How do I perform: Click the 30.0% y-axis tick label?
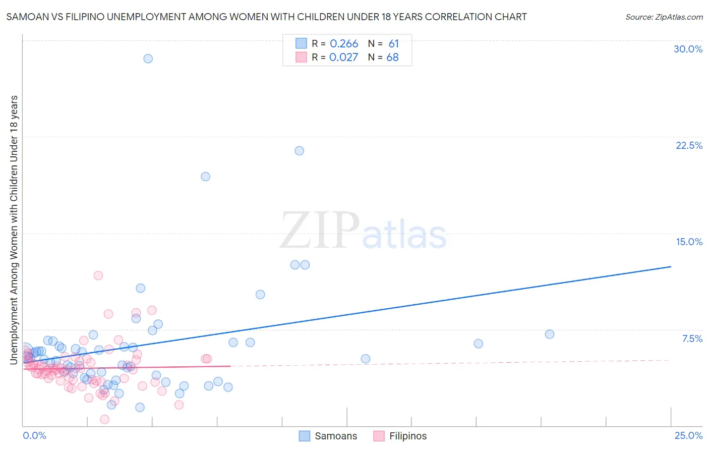click(x=688, y=49)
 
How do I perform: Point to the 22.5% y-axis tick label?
click(x=689, y=145)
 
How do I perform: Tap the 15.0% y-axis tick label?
click(x=689, y=242)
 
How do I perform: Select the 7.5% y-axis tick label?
click(x=692, y=339)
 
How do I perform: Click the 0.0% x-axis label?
click(x=34, y=435)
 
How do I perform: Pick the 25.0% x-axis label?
click(x=688, y=435)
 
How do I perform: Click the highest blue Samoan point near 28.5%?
click(x=148, y=59)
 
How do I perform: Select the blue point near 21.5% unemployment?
click(x=299, y=151)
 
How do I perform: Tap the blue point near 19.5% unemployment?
click(x=205, y=177)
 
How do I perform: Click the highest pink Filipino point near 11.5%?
click(x=98, y=275)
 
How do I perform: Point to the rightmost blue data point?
click(x=550, y=334)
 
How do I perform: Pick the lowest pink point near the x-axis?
click(x=105, y=419)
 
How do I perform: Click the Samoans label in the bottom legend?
click(x=336, y=436)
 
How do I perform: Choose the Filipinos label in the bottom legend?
click(x=408, y=436)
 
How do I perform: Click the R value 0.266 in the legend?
click(x=344, y=44)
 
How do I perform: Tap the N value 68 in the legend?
click(x=392, y=58)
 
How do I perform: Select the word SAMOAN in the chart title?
click(x=25, y=17)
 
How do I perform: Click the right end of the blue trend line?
click(x=671, y=266)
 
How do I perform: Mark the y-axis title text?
click(x=14, y=230)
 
